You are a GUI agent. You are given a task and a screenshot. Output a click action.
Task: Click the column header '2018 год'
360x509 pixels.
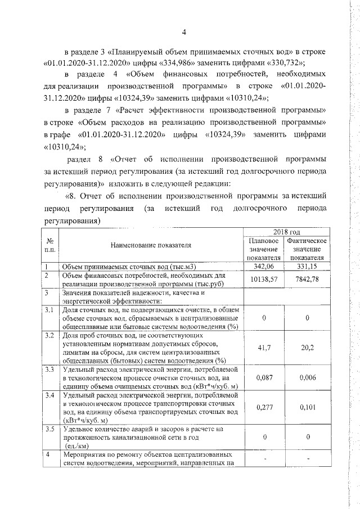point(286,232)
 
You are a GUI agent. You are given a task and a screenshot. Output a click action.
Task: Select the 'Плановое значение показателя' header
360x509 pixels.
point(264,249)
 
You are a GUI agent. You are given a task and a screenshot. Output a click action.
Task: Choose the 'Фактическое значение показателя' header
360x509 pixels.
point(307,249)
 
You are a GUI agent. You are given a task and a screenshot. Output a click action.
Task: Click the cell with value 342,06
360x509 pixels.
point(264,266)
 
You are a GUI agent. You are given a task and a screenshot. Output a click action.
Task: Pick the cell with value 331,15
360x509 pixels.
point(307,266)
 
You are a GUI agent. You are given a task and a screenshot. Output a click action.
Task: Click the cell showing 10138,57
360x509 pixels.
point(264,280)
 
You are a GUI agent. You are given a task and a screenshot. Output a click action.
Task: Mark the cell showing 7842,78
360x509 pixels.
point(307,280)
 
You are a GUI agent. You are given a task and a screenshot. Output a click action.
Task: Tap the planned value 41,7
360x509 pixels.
point(264,348)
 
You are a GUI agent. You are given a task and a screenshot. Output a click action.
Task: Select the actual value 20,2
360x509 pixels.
point(307,348)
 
